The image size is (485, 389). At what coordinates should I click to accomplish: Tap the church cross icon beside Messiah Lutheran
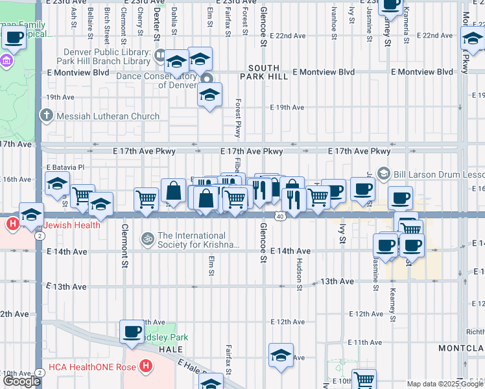[46, 117]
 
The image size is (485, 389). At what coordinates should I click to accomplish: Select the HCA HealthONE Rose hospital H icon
[147, 366]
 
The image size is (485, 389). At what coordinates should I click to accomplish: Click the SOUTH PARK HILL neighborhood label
[259, 73]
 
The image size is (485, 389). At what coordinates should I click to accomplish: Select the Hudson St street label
[300, 272]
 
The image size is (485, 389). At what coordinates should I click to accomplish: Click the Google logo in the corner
[21, 381]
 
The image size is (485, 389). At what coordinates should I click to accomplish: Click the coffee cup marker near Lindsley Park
[132, 331]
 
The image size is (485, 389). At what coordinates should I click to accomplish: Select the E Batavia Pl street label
[65, 167]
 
